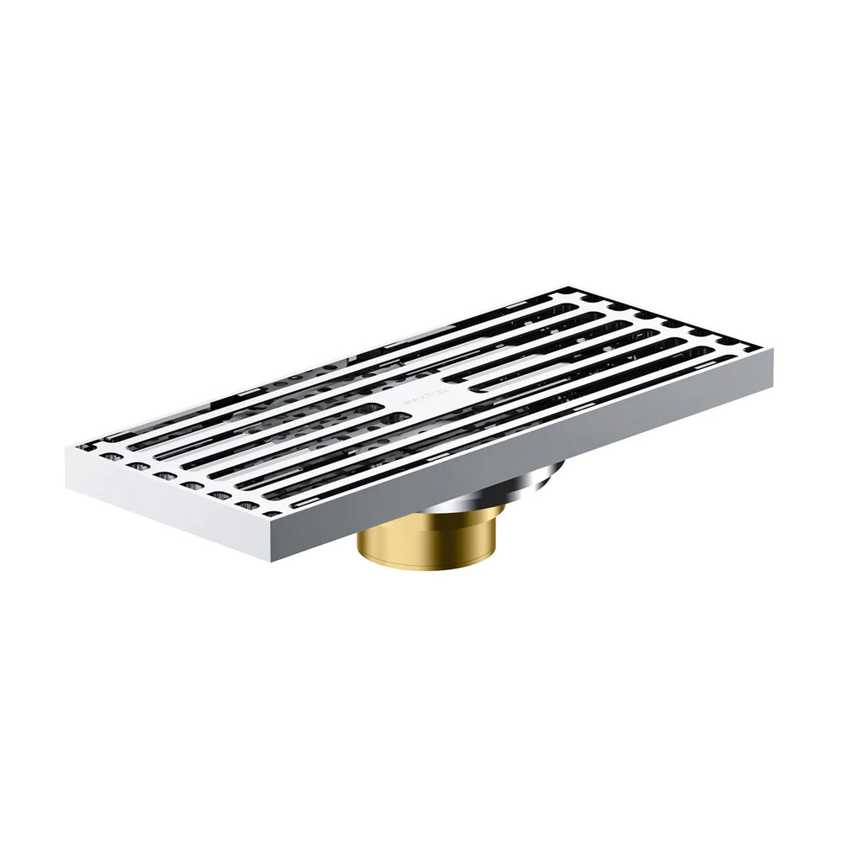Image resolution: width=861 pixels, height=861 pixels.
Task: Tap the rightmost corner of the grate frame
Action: click(772, 353)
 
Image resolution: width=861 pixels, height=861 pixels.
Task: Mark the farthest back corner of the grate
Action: click(562, 289)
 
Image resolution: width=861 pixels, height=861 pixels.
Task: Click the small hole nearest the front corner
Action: click(249, 505)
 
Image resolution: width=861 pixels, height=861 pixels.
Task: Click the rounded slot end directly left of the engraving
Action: click(380, 409)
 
